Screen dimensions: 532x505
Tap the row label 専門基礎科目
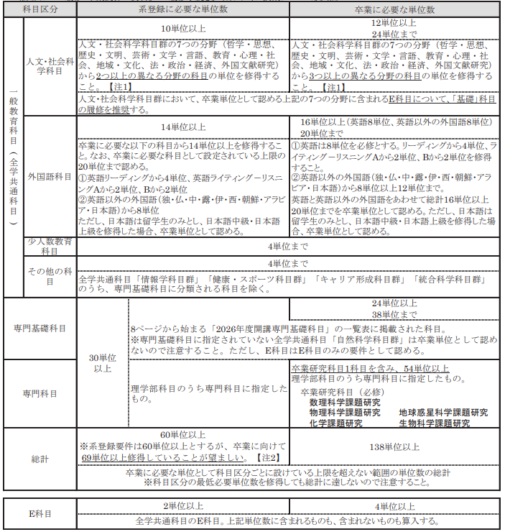point(40,328)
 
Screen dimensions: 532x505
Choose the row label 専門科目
point(40,393)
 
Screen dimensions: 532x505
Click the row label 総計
point(40,459)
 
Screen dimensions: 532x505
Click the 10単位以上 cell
point(182,28)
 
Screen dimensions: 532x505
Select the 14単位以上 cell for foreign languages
point(182,127)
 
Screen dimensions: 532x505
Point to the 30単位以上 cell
point(103,363)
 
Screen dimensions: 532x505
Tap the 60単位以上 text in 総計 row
point(182,435)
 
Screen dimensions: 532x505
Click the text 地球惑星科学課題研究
point(443,413)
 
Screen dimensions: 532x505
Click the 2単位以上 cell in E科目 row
point(182,506)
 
